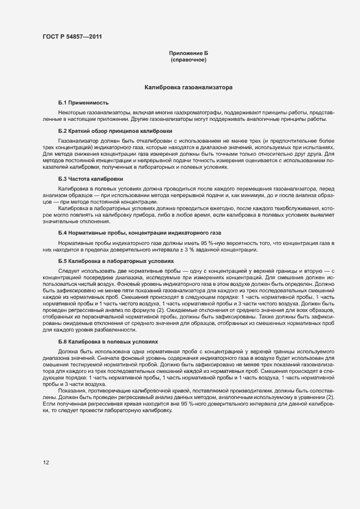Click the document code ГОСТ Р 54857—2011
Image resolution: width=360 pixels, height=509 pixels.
click(72, 37)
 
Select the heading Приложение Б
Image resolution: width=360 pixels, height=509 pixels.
click(188, 53)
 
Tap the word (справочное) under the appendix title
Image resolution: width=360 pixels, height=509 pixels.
click(188, 59)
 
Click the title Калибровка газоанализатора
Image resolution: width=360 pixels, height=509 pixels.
click(188, 87)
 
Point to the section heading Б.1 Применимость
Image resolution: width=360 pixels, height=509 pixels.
click(83, 102)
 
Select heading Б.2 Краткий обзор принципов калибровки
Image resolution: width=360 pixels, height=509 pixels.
click(115, 131)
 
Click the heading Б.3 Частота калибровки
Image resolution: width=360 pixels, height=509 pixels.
click(90, 179)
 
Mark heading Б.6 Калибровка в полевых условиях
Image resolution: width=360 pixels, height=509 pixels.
click(108, 341)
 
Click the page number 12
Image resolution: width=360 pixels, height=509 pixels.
click(46, 463)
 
